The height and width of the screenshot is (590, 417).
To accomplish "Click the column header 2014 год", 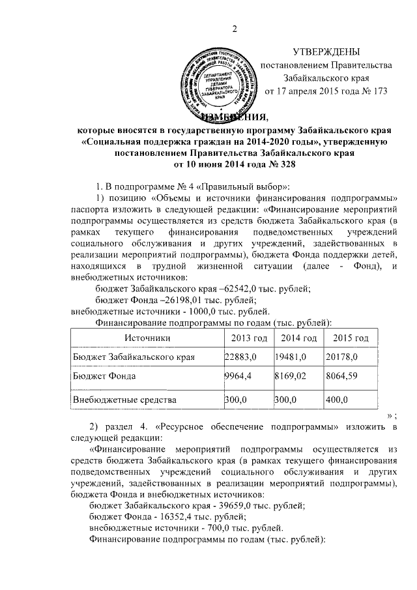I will (295, 338).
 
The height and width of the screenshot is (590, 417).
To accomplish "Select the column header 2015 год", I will (350, 338).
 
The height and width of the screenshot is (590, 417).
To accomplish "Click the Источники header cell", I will (148, 338).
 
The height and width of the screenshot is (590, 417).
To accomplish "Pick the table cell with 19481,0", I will (291, 357).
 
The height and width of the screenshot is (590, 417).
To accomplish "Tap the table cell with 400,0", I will (338, 399).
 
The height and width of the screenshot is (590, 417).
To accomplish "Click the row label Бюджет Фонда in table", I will (103, 377).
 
